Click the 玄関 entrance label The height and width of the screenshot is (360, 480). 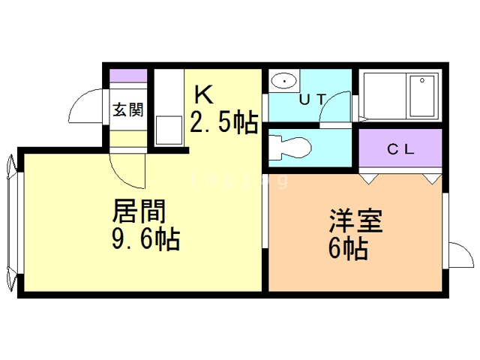pyautogui.click(x=128, y=110)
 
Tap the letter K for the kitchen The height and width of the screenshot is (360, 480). pyautogui.click(x=204, y=95)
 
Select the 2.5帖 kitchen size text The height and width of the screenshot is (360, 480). pyautogui.click(x=224, y=122)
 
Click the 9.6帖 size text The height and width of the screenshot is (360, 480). pyautogui.click(x=145, y=240)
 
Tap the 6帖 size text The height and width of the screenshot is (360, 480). pyautogui.click(x=348, y=249)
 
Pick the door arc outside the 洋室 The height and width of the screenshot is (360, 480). pyautogui.click(x=459, y=256)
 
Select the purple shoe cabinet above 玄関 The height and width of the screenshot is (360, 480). pyautogui.click(x=128, y=76)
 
